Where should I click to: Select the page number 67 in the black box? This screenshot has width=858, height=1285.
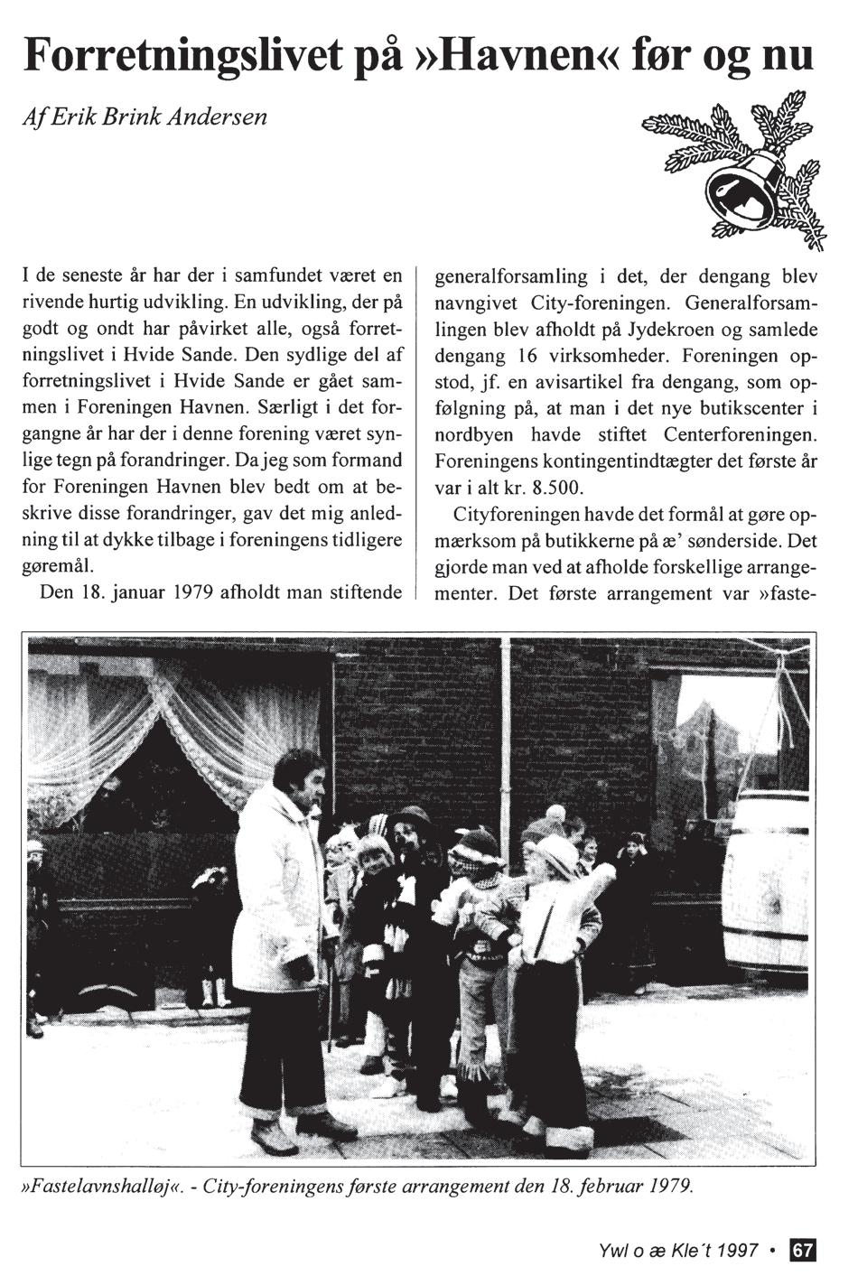point(803,1251)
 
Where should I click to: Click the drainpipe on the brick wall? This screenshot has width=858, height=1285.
point(511,722)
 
